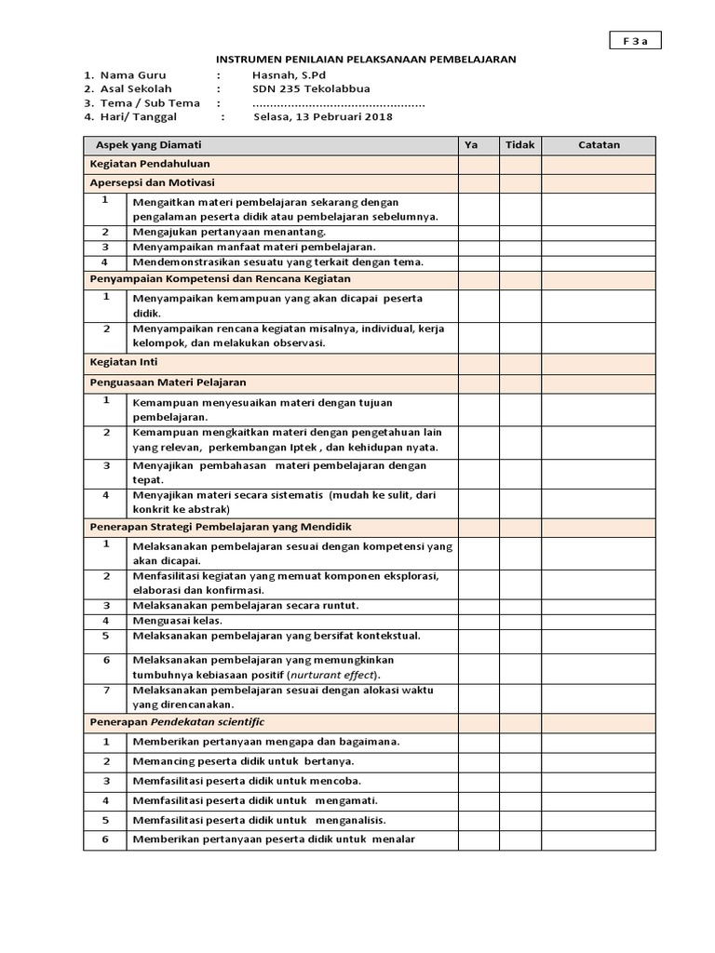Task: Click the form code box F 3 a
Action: click(635, 40)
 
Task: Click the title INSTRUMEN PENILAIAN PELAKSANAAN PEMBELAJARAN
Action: click(367, 59)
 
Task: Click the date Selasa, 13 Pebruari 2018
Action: click(322, 117)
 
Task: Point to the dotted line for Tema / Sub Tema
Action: click(339, 103)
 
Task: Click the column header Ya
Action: click(478, 145)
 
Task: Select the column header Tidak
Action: click(520, 145)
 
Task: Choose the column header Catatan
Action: click(599, 145)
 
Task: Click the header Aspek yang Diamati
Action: click(149, 145)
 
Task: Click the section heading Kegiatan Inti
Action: click(116, 363)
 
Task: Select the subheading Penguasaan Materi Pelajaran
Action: click(168, 382)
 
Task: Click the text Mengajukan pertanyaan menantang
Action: click(229, 232)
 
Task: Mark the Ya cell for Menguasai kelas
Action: click(478, 621)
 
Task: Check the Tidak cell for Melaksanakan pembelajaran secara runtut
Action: click(520, 606)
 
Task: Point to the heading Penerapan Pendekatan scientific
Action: click(177, 722)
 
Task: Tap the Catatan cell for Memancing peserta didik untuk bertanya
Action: click(599, 761)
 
